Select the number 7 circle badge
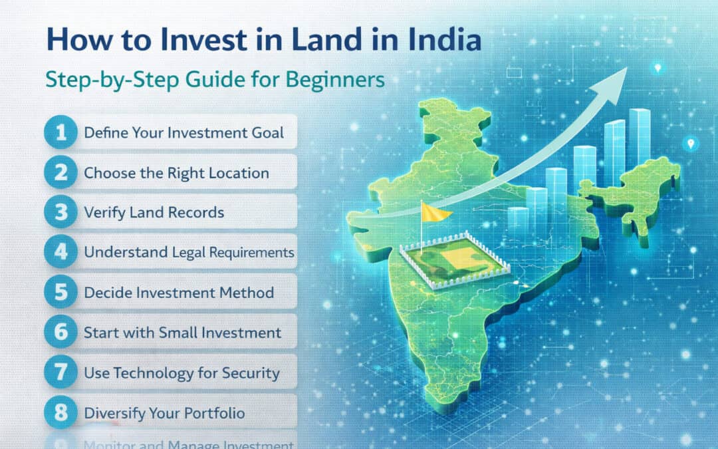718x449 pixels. point(61,373)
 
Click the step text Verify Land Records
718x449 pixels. point(154,213)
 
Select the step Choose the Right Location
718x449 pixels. point(176,173)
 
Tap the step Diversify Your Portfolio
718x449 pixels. point(164,413)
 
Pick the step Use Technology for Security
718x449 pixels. point(181,373)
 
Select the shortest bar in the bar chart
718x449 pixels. point(518,223)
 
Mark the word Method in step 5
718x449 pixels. point(249,293)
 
